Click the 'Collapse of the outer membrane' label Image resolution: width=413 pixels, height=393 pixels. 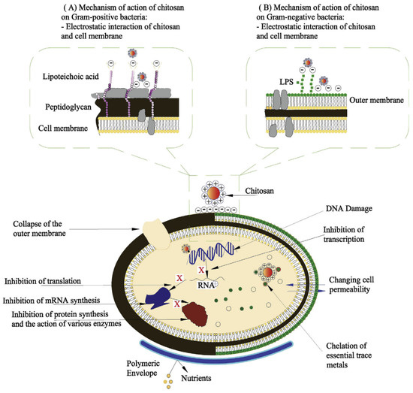(x=48, y=228)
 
